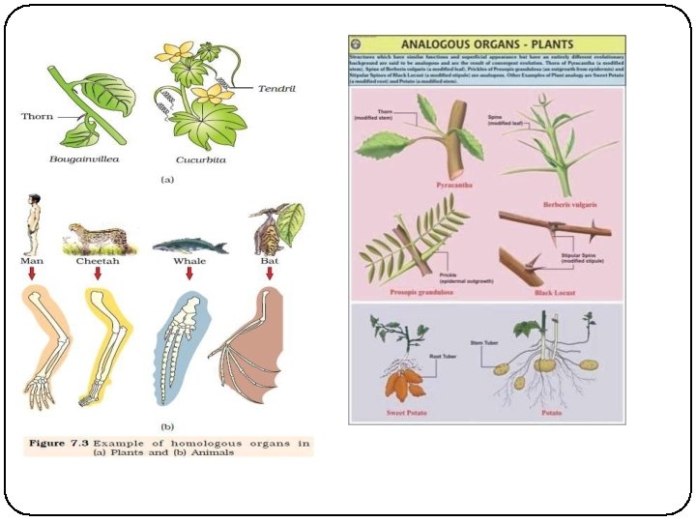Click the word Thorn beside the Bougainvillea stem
[x=38, y=117]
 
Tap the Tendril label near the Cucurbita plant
[x=276, y=88]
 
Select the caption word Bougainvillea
[x=85, y=159]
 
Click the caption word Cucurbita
[x=200, y=159]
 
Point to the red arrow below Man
[x=32, y=274]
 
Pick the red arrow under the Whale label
[x=189, y=274]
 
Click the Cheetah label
[x=98, y=261]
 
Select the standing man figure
[x=32, y=226]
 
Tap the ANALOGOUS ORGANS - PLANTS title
[x=488, y=44]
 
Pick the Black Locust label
[x=557, y=290]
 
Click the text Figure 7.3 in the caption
[x=59, y=443]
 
